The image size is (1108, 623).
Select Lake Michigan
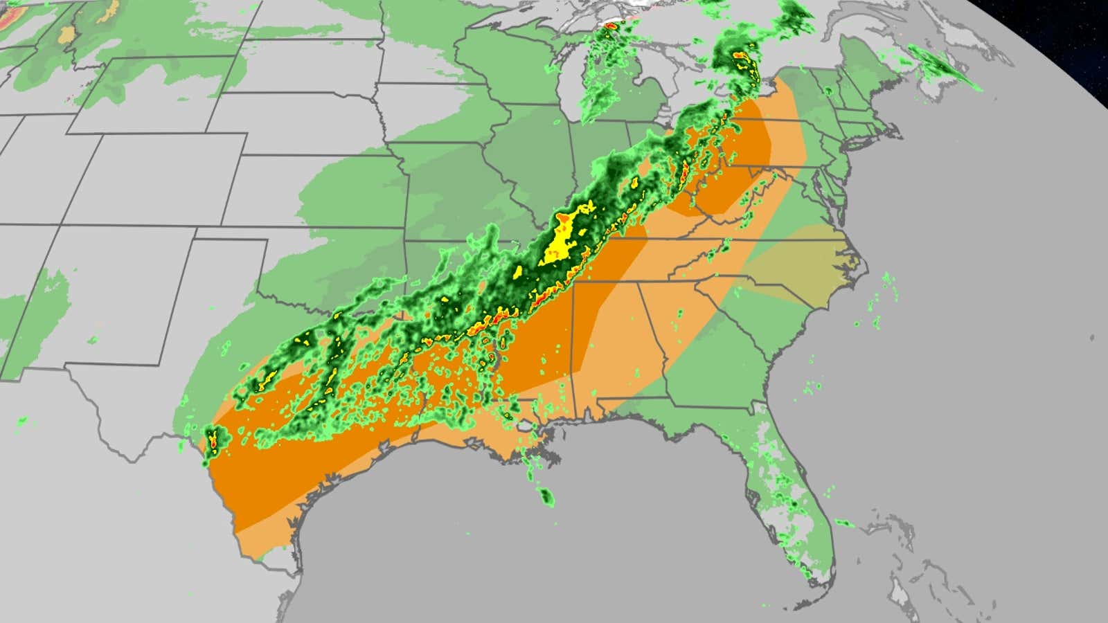(578, 76)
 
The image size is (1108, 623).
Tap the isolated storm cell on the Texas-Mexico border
(213, 440)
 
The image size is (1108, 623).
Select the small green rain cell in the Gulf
(546, 496)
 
